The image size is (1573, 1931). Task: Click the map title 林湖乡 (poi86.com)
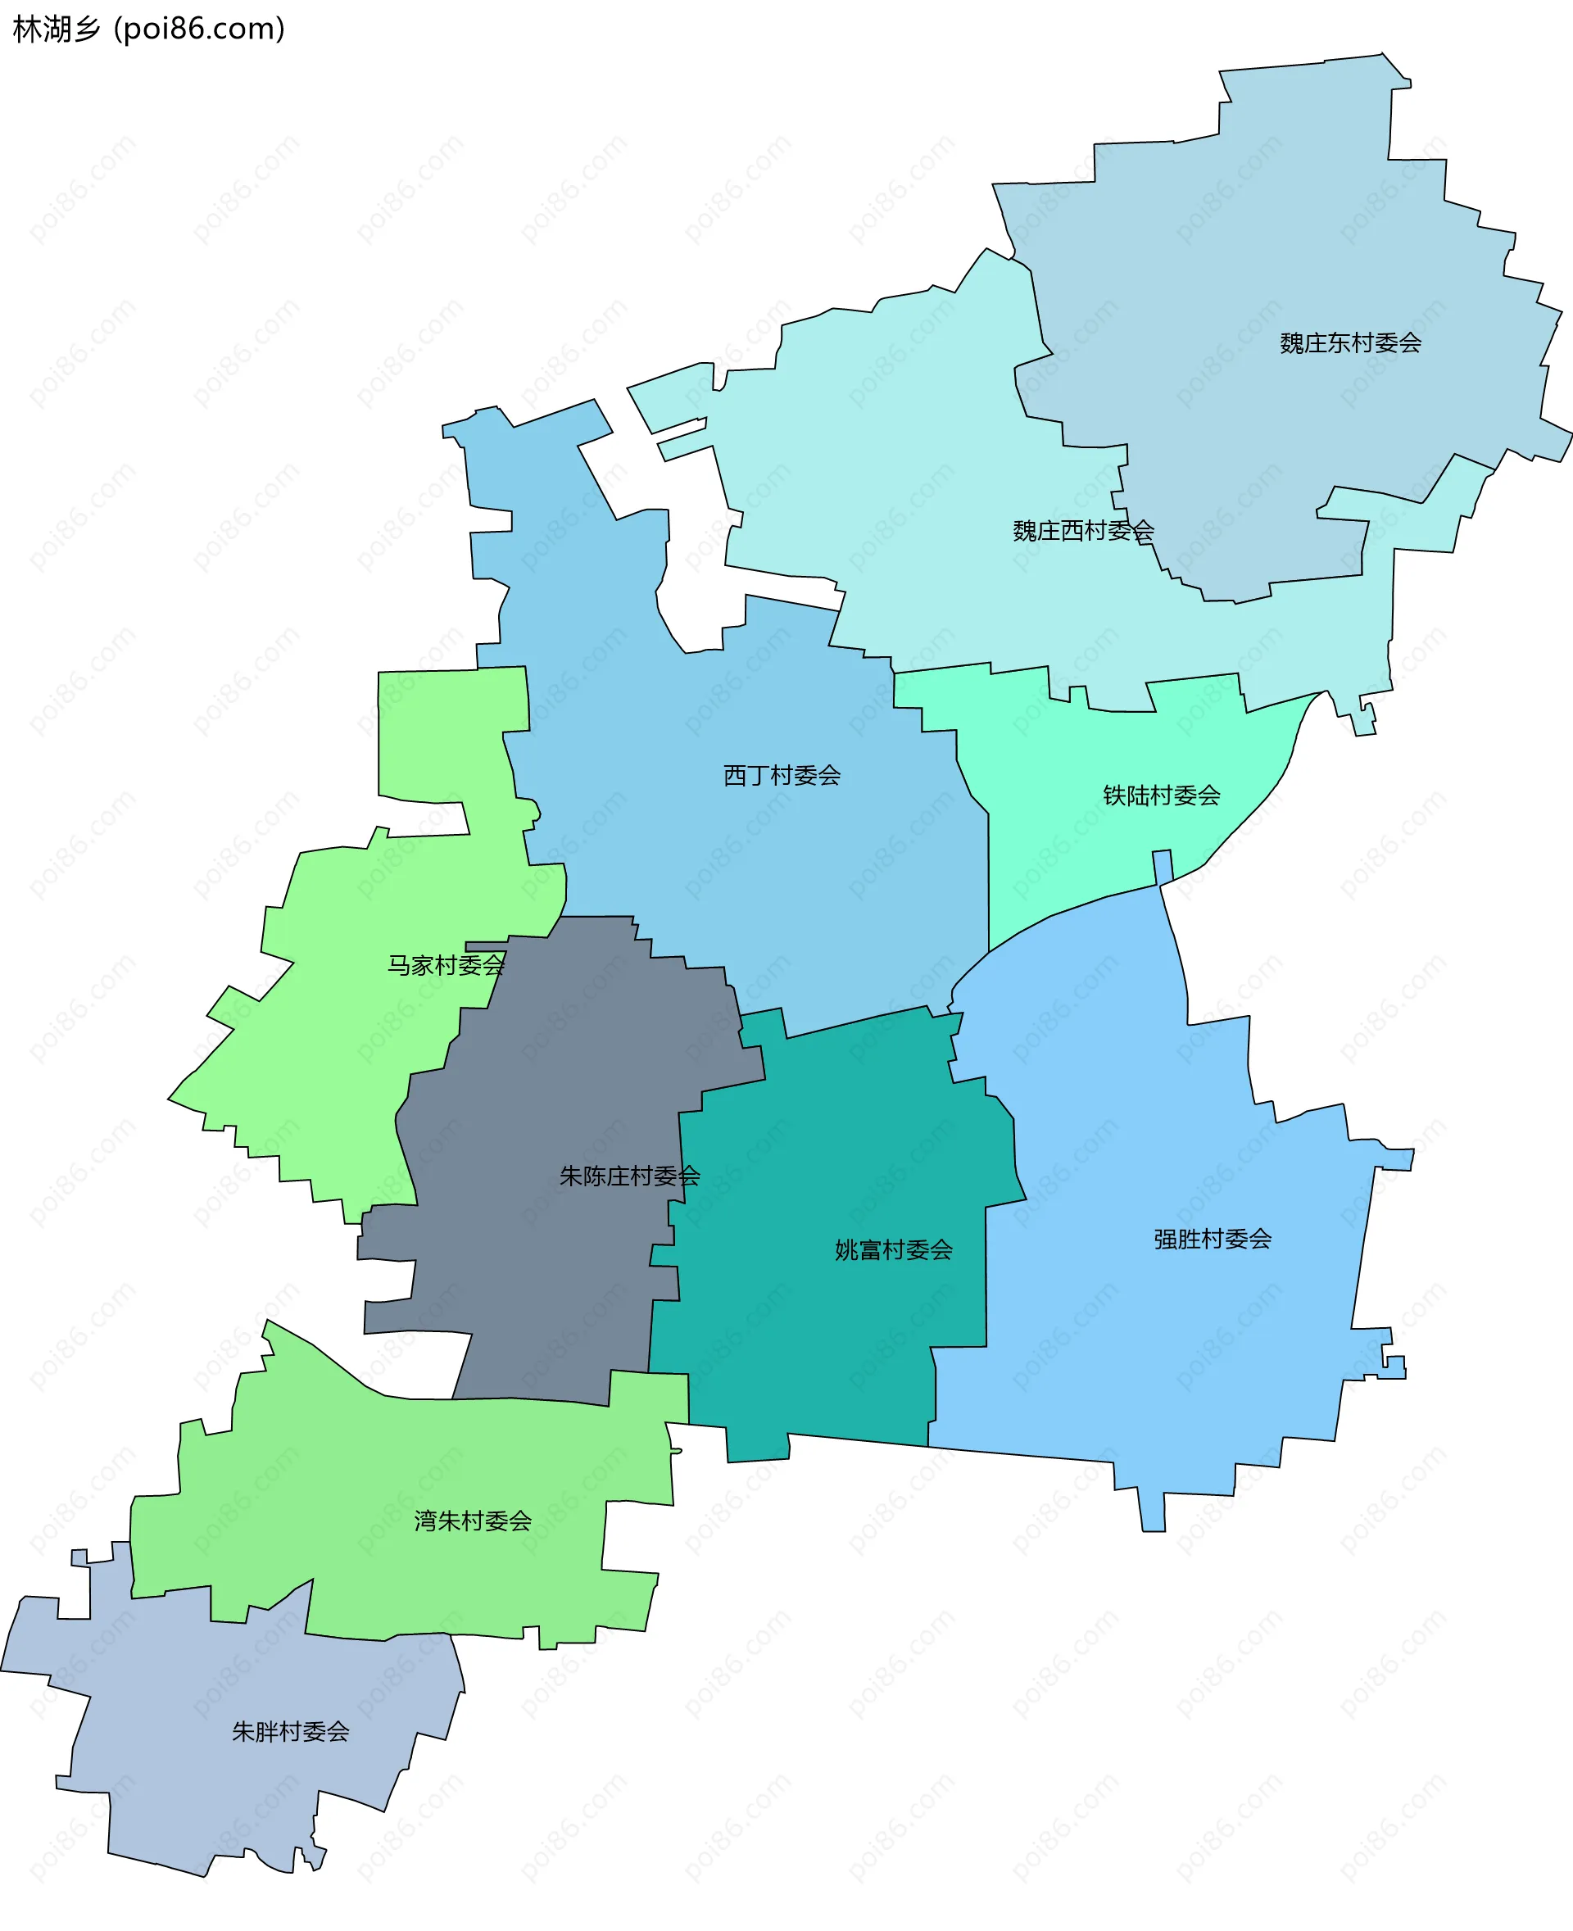(x=148, y=29)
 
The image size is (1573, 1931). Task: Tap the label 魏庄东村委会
(x=1350, y=342)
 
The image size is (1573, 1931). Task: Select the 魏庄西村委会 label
(x=1083, y=530)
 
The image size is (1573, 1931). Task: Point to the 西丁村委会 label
(x=781, y=775)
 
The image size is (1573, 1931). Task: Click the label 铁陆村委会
(x=1161, y=795)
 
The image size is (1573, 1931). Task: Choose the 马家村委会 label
(x=446, y=965)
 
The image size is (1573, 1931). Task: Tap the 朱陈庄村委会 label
(x=630, y=1176)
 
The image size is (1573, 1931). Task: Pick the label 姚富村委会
(x=894, y=1250)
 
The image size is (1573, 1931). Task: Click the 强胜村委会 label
(x=1213, y=1239)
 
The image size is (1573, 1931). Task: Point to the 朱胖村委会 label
(x=290, y=1732)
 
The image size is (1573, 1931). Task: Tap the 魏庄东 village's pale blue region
(x=1268, y=227)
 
